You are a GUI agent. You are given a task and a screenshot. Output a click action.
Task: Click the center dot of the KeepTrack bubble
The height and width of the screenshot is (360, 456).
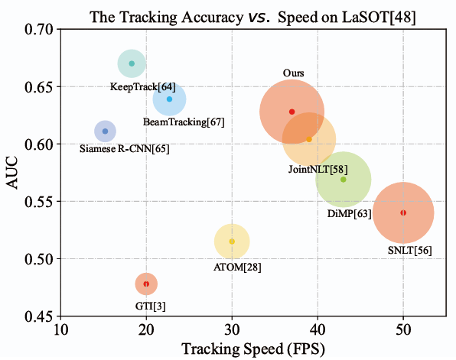coord(132,63)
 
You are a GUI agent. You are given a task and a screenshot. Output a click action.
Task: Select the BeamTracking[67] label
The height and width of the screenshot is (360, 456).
coord(184,122)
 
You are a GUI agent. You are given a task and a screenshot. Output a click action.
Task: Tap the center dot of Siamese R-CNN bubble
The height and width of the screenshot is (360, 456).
coord(106,131)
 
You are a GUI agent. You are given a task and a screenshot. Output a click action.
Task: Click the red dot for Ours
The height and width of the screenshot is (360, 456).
coord(292,112)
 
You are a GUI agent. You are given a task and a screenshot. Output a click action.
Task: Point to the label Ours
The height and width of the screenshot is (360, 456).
coord(294,73)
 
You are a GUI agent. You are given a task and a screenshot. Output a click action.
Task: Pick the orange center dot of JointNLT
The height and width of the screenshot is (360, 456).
coord(309,139)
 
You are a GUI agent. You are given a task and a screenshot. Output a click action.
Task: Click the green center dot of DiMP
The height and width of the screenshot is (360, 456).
coord(344,180)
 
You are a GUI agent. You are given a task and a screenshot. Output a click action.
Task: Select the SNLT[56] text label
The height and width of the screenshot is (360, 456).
coord(410,250)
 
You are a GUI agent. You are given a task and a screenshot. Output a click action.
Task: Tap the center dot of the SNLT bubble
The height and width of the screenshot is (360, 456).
coord(403,212)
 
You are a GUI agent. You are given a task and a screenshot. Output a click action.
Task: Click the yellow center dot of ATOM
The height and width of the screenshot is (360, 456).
coord(232,242)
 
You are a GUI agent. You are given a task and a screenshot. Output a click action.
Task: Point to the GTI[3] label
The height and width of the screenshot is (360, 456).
coord(151,306)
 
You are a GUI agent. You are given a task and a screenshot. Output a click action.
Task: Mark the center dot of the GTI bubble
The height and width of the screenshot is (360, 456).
coord(146,284)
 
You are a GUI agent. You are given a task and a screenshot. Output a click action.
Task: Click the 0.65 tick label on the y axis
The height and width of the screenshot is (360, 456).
coord(39,87)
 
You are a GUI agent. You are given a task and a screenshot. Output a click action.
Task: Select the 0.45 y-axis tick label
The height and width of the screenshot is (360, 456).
coord(39,316)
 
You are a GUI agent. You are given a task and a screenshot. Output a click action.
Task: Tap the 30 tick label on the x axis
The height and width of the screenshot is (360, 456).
coord(232,329)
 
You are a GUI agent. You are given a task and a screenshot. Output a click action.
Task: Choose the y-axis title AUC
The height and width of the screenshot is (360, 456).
coord(12,173)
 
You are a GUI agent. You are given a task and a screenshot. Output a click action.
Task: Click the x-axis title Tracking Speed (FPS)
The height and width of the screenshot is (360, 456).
coord(253,349)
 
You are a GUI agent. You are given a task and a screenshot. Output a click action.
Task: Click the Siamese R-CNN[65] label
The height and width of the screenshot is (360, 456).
coord(125,149)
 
